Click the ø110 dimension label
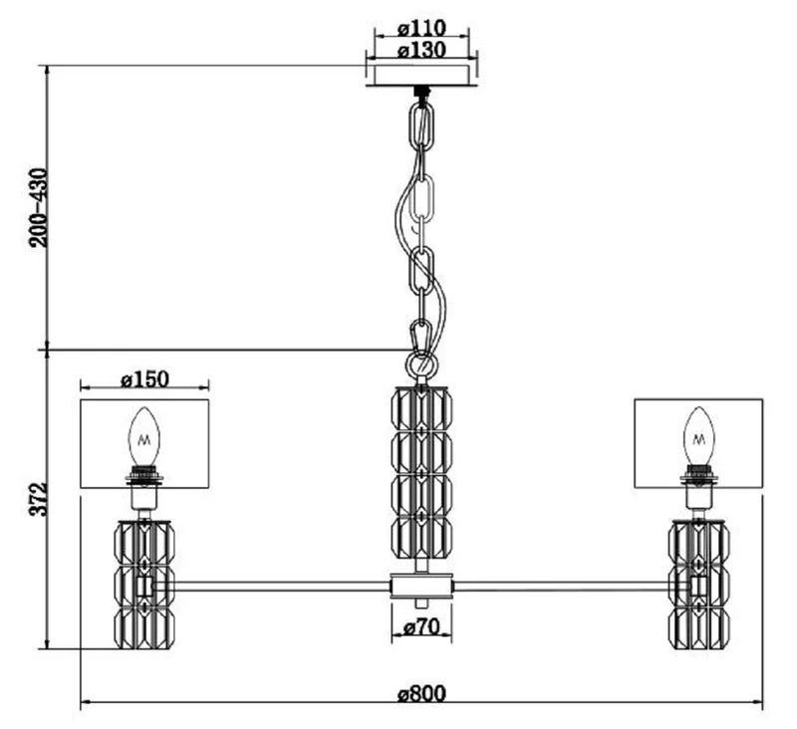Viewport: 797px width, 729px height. click(x=421, y=28)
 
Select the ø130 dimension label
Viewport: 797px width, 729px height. click(x=421, y=50)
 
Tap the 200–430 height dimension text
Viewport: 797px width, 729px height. click(x=38, y=208)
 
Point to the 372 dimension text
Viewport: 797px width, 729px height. click(x=38, y=499)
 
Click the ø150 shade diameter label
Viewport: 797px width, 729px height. click(x=144, y=379)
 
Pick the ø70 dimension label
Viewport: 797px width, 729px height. click(x=421, y=627)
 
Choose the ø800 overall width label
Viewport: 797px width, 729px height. click(x=421, y=693)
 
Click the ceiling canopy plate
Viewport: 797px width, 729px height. click(x=421, y=75)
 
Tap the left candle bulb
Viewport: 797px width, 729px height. click(x=143, y=436)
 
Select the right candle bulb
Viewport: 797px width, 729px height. click(x=699, y=436)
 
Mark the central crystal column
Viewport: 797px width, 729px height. click(x=421, y=473)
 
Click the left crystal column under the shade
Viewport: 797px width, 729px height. click(x=144, y=585)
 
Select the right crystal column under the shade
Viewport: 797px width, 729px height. click(x=699, y=585)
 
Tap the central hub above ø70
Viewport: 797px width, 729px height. click(x=421, y=587)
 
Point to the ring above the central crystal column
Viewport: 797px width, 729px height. click(x=420, y=364)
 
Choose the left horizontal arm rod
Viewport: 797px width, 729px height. click(x=272, y=587)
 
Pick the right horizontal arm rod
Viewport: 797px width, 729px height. click(x=572, y=587)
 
